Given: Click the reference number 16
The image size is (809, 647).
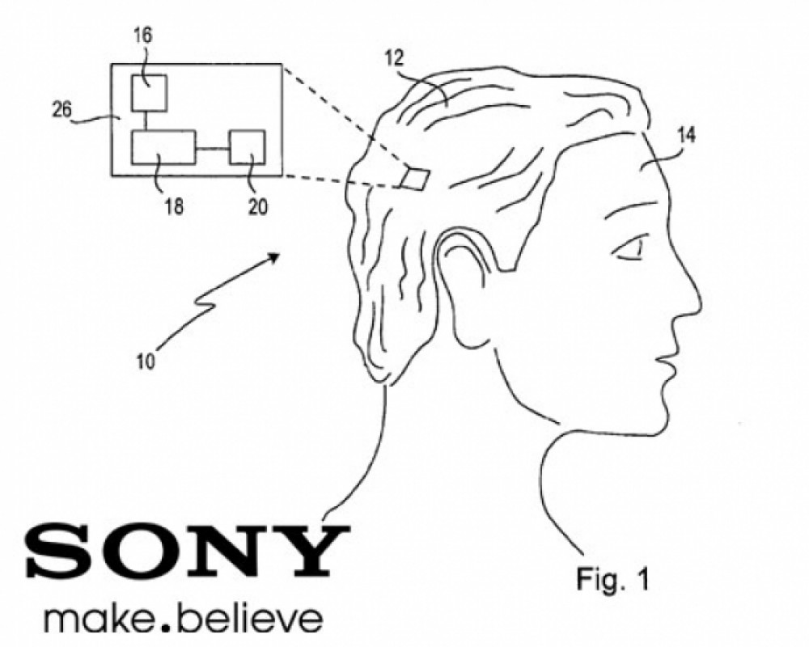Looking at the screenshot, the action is [143, 36].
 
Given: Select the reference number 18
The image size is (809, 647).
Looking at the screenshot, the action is [174, 206].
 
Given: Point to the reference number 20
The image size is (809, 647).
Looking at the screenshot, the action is [258, 206].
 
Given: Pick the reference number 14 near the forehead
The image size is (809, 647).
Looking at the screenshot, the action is [686, 135].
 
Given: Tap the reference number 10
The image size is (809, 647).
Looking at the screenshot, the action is [146, 362].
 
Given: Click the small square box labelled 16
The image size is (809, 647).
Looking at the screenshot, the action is [149, 93].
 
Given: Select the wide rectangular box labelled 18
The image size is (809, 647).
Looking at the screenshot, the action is [163, 147].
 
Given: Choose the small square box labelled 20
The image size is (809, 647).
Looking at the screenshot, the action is [247, 147].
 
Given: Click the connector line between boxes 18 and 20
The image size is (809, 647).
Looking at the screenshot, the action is [213, 149].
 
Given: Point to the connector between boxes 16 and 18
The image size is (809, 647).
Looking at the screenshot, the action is [146, 121].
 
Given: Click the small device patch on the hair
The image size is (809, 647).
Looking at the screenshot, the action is [415, 178].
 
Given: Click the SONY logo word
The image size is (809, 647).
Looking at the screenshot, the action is [188, 551].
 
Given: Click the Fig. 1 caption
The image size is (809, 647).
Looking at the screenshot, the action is [612, 578].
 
